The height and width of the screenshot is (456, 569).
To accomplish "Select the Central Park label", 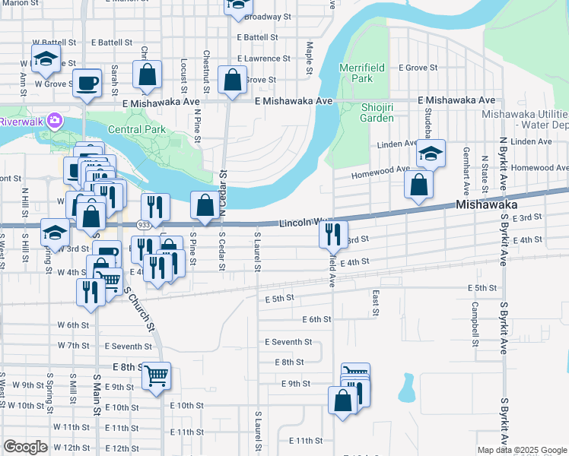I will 137,129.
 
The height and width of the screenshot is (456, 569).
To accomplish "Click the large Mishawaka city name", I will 487,205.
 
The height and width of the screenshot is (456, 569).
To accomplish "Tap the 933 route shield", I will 144,225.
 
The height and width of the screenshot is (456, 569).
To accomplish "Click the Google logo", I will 25,447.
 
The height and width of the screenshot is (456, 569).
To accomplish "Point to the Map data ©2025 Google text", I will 522,450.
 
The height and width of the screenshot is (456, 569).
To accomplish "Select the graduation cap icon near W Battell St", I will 46,59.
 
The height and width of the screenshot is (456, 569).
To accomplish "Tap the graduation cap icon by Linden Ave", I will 431,154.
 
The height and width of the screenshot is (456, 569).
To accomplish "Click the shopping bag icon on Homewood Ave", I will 418,184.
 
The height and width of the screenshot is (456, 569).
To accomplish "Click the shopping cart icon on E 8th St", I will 157,375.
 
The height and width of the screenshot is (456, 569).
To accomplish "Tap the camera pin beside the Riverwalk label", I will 54,120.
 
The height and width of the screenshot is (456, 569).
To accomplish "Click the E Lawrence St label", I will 264,58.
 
